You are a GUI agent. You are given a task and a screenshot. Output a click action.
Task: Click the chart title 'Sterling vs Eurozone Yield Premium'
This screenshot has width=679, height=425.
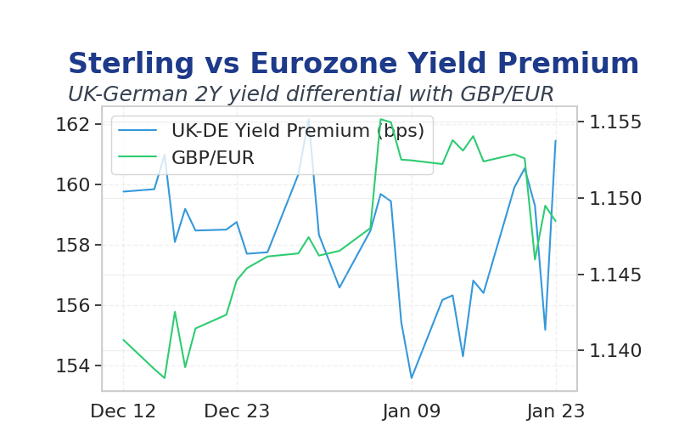tap(353, 63)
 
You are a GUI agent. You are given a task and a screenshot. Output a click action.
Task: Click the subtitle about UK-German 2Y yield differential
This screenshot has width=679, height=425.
tap(311, 94)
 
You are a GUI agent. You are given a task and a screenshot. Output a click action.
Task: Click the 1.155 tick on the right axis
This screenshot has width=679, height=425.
tap(615, 122)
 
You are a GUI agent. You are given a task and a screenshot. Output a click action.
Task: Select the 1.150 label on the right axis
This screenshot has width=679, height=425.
tap(615, 199)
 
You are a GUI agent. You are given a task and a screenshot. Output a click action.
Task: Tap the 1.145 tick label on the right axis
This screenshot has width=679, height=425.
tap(615, 275)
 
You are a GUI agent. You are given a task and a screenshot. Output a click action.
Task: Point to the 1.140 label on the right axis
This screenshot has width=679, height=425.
tap(615, 350)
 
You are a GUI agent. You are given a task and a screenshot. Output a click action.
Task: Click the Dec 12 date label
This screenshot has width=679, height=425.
tap(123, 411)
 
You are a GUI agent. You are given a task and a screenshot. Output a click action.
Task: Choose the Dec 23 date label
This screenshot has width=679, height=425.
tap(237, 411)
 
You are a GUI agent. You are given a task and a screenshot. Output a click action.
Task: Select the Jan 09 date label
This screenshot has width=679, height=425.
tap(412, 411)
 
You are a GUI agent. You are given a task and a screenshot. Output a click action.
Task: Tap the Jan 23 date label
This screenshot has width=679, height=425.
tap(556, 411)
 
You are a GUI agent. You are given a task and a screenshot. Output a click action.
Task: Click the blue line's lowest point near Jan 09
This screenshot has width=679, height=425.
tap(412, 378)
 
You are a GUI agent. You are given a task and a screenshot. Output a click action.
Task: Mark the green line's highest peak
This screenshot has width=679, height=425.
tap(380, 119)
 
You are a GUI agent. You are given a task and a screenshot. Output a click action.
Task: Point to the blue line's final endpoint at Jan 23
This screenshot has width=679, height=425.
tap(556, 140)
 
